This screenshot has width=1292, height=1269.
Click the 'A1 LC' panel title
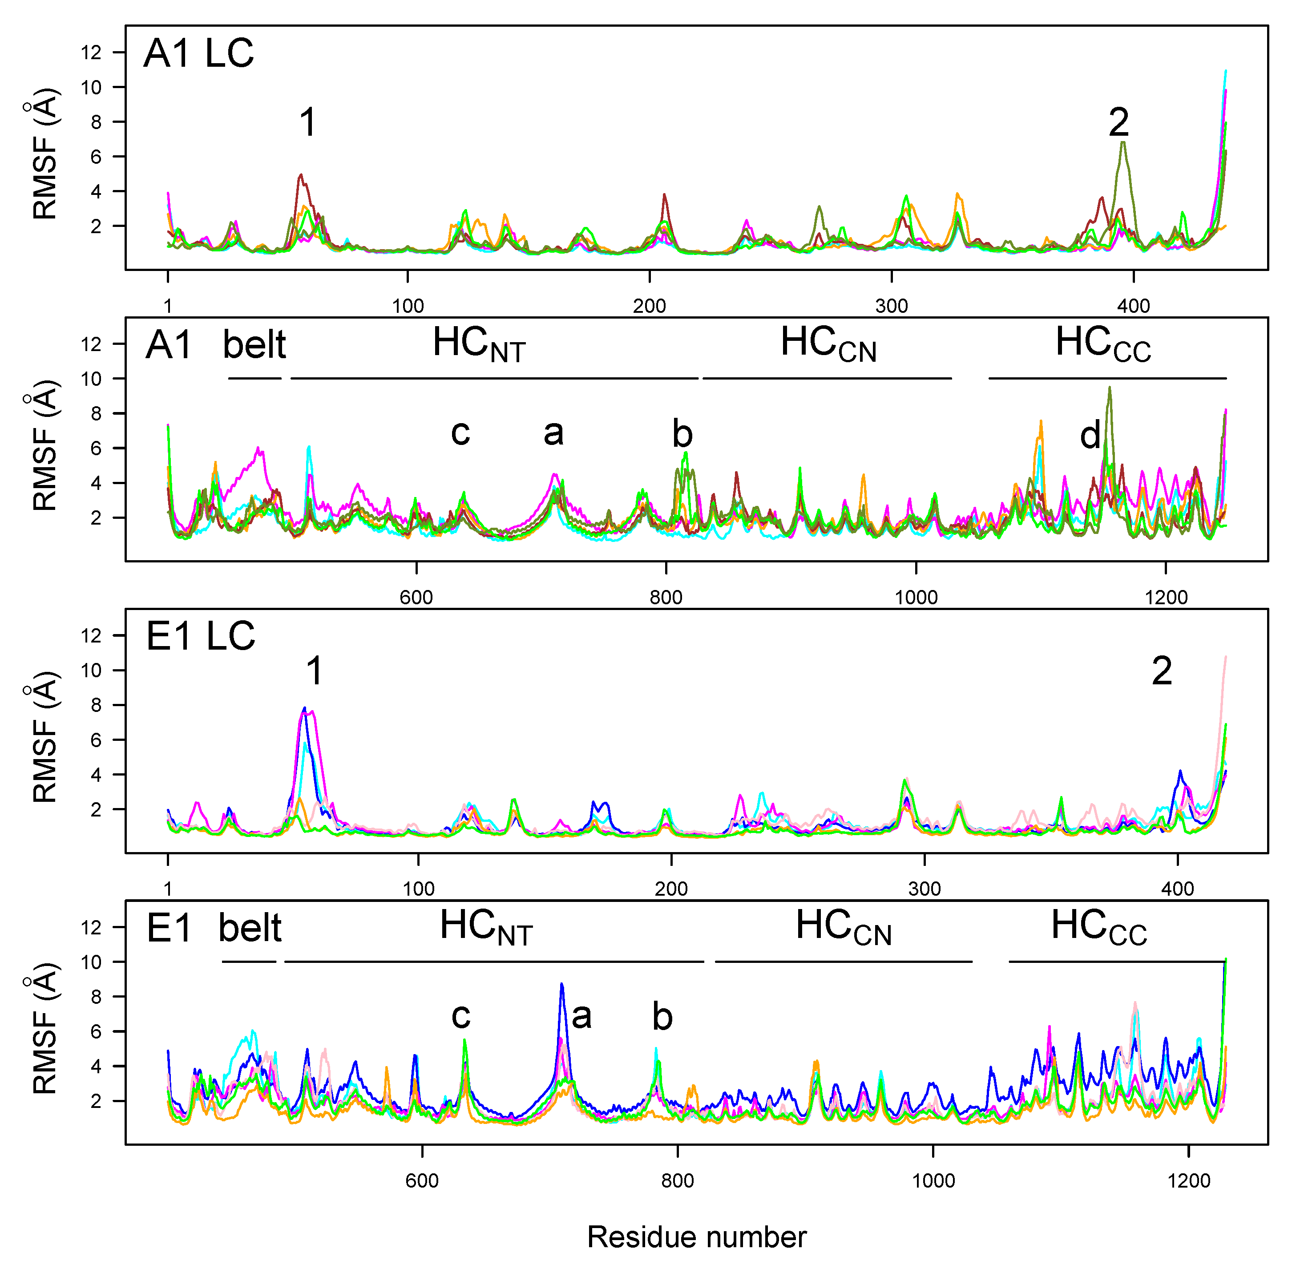pyautogui.click(x=198, y=53)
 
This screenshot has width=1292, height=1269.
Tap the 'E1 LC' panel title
pyautogui.click(x=200, y=636)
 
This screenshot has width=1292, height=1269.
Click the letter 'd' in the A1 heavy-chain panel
pyautogui.click(x=1090, y=436)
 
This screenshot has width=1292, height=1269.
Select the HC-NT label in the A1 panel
pyautogui.click(x=478, y=344)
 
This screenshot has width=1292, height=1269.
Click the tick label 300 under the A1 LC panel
pyautogui.click(x=892, y=306)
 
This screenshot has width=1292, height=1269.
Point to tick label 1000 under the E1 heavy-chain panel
pyautogui.click(x=933, y=1181)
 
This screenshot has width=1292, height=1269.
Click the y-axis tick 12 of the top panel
pyautogui.click(x=91, y=52)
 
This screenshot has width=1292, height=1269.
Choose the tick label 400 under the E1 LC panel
pyautogui.click(x=1177, y=889)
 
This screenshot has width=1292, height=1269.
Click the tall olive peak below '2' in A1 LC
pyautogui.click(x=1123, y=143)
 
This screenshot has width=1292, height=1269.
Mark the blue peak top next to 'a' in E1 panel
pyautogui.click(x=562, y=984)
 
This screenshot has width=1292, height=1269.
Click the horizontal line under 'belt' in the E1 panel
pyautogui.click(x=249, y=962)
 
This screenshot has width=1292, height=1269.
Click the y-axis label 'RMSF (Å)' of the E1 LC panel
pyautogui.click(x=45, y=736)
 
